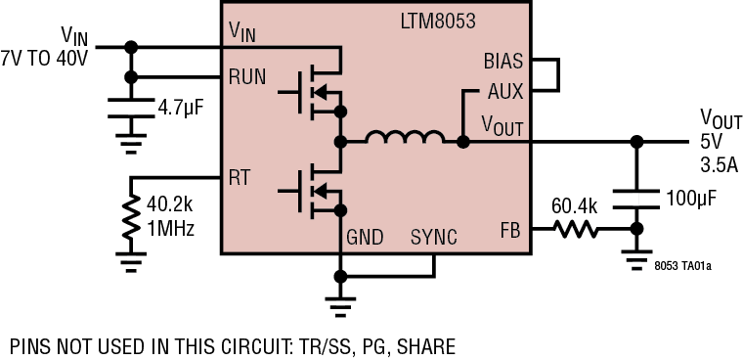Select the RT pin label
point(239,178)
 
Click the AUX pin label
point(505,91)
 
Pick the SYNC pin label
point(433,238)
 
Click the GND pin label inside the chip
point(364,238)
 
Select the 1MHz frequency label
point(170,230)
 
